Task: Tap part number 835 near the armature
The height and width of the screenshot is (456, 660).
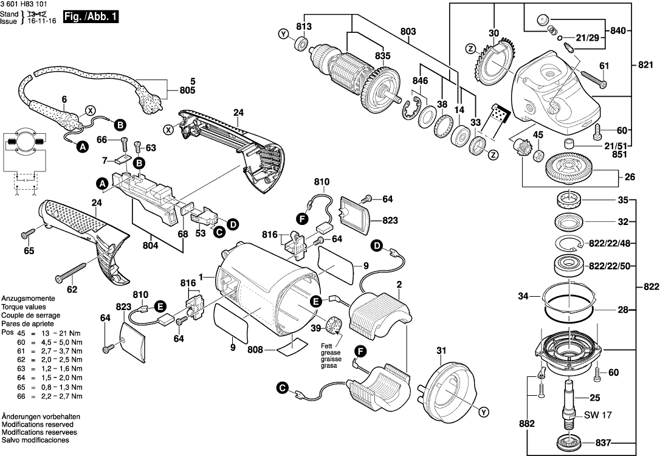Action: click(382, 55)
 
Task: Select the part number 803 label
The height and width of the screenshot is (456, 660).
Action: click(408, 31)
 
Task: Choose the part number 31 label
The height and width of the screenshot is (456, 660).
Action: click(441, 350)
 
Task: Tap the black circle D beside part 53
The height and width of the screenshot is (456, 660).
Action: click(232, 225)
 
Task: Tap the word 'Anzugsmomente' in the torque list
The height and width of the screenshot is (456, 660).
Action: click(29, 300)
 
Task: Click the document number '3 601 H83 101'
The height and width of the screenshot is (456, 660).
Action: click(27, 5)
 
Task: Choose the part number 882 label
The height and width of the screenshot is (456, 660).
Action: click(528, 424)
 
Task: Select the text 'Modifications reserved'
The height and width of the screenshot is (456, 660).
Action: click(38, 424)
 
